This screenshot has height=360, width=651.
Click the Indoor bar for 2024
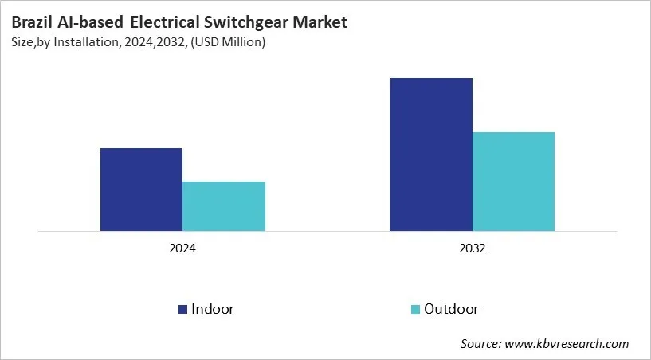pyautogui.click(x=141, y=190)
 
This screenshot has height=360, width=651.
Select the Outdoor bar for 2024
pyautogui.click(x=224, y=206)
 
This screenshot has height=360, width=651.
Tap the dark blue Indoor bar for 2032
pyautogui.click(x=430, y=155)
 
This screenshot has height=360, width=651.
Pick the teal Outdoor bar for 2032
pyautogui.click(x=513, y=182)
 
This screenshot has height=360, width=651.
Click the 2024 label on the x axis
pyautogui.click(x=182, y=248)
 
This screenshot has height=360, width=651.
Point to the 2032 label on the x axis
pyautogui.click(x=472, y=248)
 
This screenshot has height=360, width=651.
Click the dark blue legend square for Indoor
pyautogui.click(x=182, y=309)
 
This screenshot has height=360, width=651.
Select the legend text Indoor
pyautogui.click(x=213, y=309)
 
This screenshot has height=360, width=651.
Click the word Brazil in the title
pyautogui.click(x=31, y=22)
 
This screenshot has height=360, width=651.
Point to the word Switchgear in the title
pyautogui.click(x=245, y=22)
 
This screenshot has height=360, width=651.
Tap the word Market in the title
pyautogui.click(x=320, y=22)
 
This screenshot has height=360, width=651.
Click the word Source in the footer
pyautogui.click(x=480, y=344)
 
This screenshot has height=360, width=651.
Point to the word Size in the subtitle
pyautogui.click(x=22, y=42)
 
